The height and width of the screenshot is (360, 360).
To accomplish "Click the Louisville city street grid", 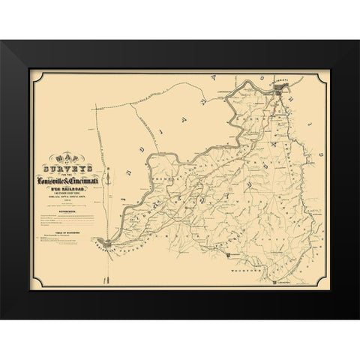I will coord(109,242).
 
